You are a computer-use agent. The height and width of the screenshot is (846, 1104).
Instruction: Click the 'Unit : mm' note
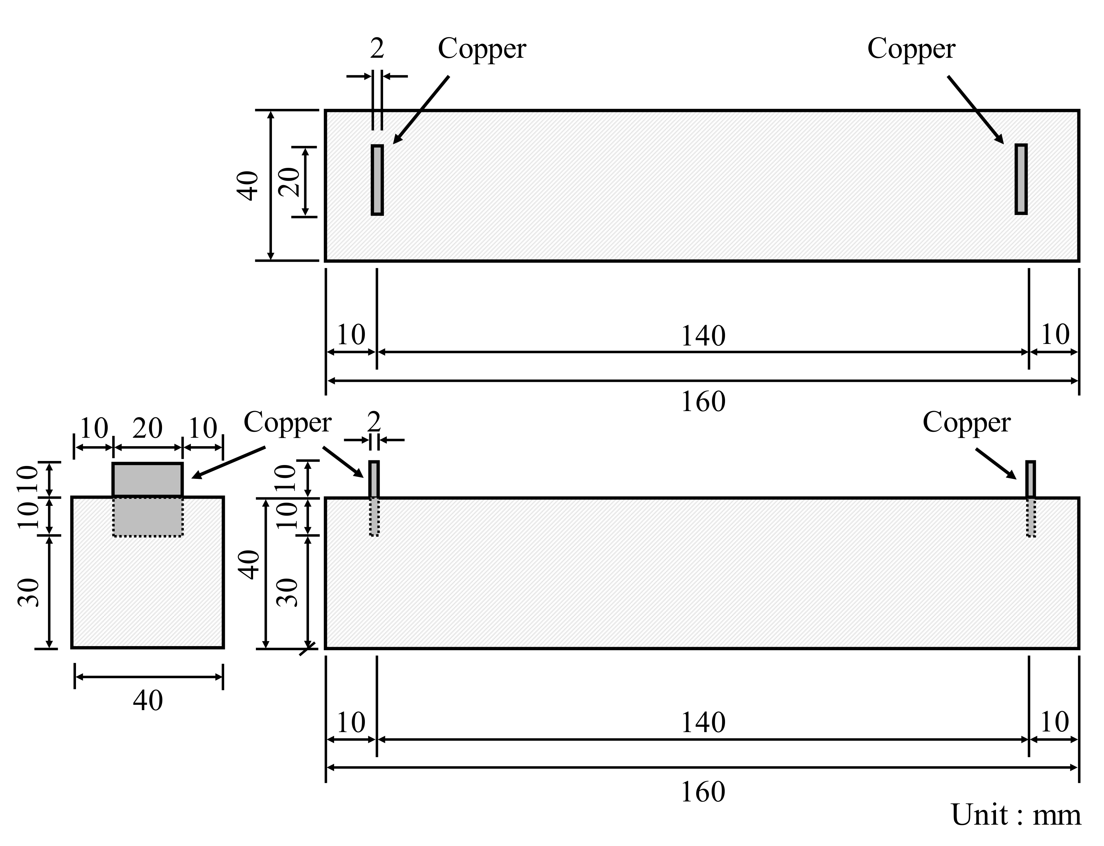[x=1015, y=815]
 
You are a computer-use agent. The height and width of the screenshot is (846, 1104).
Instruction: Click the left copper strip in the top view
[x=377, y=180]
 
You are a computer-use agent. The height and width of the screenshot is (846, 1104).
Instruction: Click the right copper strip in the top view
[x=1021, y=179]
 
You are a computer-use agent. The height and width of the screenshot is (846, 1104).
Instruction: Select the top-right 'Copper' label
[x=911, y=49]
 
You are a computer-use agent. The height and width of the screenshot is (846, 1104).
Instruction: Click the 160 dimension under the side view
[x=703, y=792]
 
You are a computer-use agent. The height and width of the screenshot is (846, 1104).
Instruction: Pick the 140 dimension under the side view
[x=703, y=723]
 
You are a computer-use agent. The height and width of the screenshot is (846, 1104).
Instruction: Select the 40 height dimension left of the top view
[x=248, y=185]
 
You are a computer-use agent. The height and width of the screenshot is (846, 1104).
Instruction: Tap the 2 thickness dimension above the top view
[x=377, y=49]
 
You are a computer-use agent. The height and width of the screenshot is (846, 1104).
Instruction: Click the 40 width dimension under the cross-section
[x=148, y=700]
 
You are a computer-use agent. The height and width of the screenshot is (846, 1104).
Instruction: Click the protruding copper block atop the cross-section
[x=147, y=480]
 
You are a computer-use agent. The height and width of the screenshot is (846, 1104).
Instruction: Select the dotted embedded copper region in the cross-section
[x=147, y=517]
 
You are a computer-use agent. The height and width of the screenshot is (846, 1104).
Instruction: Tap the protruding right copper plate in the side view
[x=1031, y=479]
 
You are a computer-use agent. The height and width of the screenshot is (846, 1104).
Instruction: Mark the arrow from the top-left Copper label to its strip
[x=421, y=110]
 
